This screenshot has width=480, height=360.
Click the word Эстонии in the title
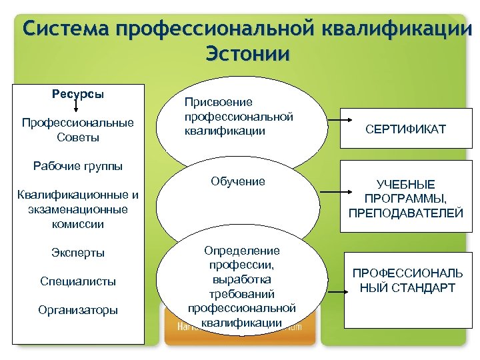coord(248,53)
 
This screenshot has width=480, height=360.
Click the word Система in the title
coord(63,29)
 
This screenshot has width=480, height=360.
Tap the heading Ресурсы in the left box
coord(78,94)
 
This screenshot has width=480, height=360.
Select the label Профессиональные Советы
coord(78,130)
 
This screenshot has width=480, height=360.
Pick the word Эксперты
coord(78,253)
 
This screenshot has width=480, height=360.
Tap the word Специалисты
coord(78,281)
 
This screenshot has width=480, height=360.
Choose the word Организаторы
coord(78,310)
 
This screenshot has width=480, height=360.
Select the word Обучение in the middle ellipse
coord(237,181)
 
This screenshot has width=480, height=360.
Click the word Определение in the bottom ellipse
coord(241,251)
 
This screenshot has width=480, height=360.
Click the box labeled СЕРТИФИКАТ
coord(405,129)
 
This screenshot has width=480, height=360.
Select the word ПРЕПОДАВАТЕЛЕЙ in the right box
coord(405,213)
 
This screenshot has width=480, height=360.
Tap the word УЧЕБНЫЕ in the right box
coord(405,185)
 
